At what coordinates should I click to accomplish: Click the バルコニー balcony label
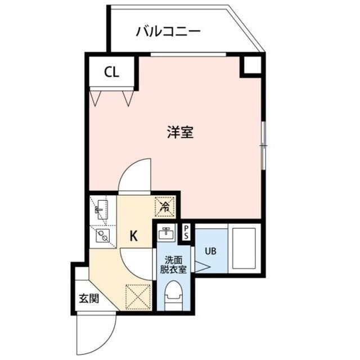coord(168,31)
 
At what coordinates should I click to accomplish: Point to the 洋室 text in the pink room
coord(180,133)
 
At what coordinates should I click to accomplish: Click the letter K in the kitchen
coord(134,236)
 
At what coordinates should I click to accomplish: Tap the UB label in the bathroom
coord(210,252)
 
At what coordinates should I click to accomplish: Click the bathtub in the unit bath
coord(243,248)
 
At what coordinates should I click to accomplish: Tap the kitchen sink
coord(102,210)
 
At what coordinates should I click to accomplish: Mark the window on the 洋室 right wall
coord(263,145)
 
